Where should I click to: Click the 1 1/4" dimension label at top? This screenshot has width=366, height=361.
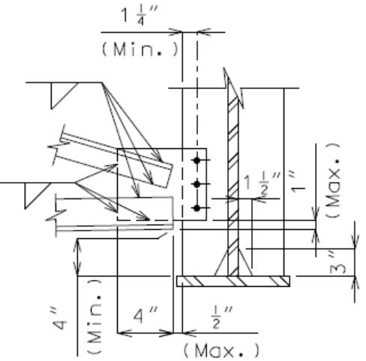(x=139, y=16)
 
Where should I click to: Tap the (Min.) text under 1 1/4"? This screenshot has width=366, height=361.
(x=140, y=49)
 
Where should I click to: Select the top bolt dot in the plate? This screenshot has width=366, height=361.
(x=197, y=160)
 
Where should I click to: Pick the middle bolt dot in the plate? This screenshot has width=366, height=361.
(x=197, y=184)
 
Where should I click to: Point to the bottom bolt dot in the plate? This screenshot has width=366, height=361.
(x=197, y=207)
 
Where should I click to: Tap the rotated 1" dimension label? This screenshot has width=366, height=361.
(x=298, y=182)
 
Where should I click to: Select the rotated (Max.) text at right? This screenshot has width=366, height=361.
(x=334, y=180)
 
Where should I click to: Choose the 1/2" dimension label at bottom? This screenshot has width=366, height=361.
(x=221, y=318)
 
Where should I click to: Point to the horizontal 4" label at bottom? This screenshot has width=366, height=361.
(x=145, y=315)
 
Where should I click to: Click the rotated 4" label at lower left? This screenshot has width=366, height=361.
(x=59, y=320)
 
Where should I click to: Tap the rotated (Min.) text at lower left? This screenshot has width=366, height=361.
(x=94, y=317)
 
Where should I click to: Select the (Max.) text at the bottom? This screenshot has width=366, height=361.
(x=221, y=351)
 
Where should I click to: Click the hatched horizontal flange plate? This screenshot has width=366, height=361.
(x=233, y=281)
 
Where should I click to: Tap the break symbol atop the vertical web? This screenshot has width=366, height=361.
(x=233, y=88)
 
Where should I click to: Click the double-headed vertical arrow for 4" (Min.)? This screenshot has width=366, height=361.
(x=78, y=258)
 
